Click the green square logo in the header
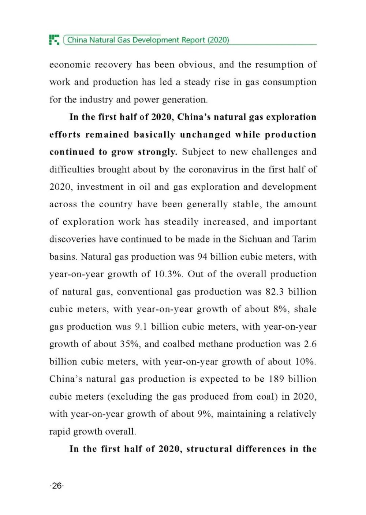click(x=54, y=40)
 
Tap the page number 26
click(x=57, y=486)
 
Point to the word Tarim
click(x=304, y=239)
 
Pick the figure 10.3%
click(x=168, y=274)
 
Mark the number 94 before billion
click(x=202, y=257)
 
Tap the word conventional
click(x=145, y=292)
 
